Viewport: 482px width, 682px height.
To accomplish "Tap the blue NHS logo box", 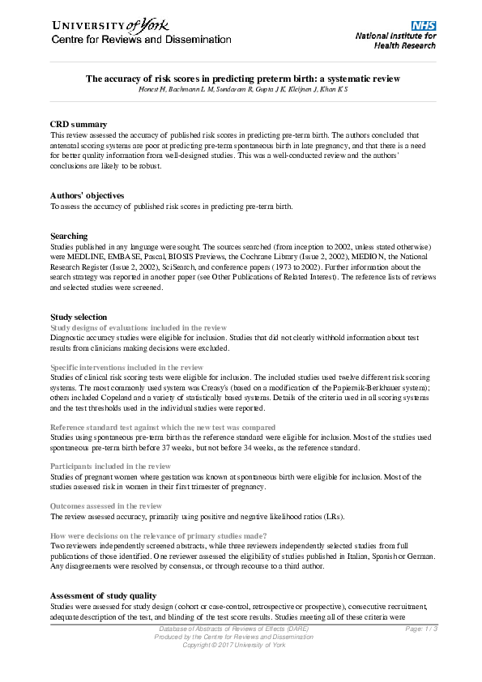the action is pyautogui.click(x=424, y=26).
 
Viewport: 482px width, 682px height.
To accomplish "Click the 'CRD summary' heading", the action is pyautogui.click(x=79, y=125).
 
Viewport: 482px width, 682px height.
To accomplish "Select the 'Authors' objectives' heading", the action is pyautogui.click(x=87, y=196).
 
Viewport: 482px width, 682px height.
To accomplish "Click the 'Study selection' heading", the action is pyautogui.click(x=79, y=317).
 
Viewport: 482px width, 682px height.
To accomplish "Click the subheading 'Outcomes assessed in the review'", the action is pyautogui.click(x=106, y=506).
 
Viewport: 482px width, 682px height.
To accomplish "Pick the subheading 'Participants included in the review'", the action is pyautogui.click(x=110, y=467).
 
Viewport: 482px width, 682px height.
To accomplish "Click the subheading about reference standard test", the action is pyautogui.click(x=163, y=427).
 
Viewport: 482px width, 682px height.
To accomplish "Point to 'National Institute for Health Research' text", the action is pyautogui.click(x=395, y=41).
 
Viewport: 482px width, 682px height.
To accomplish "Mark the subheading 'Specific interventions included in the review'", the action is pyautogui.click(x=127, y=367).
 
